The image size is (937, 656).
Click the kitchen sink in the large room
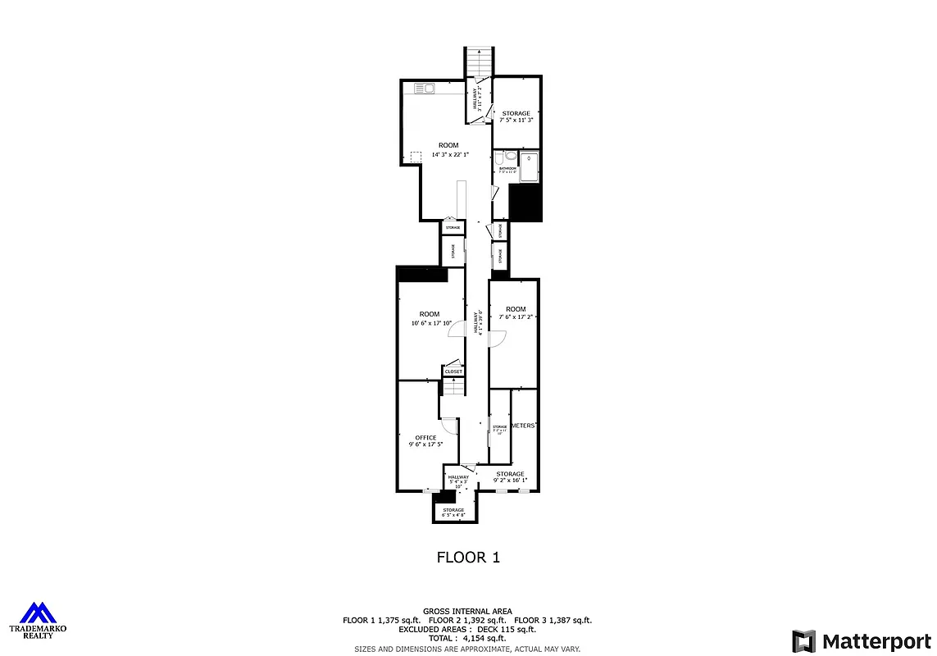[x=424, y=89]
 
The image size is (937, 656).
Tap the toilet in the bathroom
[x=510, y=157]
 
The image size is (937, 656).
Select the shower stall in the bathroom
[x=530, y=166]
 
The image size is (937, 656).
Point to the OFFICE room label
[x=425, y=437]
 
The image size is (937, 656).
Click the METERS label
[x=523, y=426]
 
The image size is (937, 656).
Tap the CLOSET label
[x=453, y=371]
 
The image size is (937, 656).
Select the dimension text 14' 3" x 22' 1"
[x=448, y=154]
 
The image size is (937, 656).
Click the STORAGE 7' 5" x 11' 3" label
[x=516, y=116]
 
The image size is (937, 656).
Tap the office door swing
[x=449, y=426]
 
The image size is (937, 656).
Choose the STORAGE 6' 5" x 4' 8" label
[x=453, y=512]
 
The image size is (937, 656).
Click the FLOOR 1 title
[x=467, y=558]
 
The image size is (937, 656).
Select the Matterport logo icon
[x=803, y=640]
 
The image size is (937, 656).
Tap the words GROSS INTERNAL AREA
[x=467, y=611]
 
